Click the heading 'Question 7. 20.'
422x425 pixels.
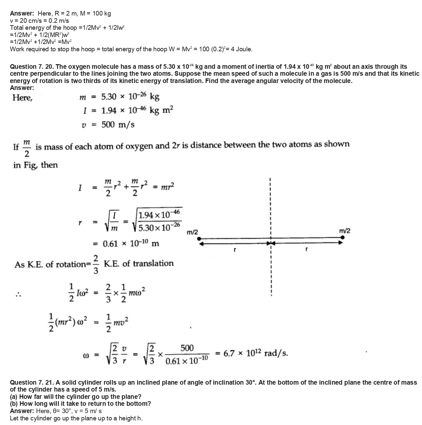click(x=32, y=67)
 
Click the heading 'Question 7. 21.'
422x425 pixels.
click(x=32, y=383)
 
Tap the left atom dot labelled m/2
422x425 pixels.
click(x=200, y=238)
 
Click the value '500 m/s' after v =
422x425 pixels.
click(x=118, y=125)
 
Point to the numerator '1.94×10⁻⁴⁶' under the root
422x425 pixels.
click(x=159, y=214)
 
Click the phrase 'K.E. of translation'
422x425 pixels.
click(x=139, y=264)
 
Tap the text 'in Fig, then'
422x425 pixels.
click(x=35, y=165)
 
